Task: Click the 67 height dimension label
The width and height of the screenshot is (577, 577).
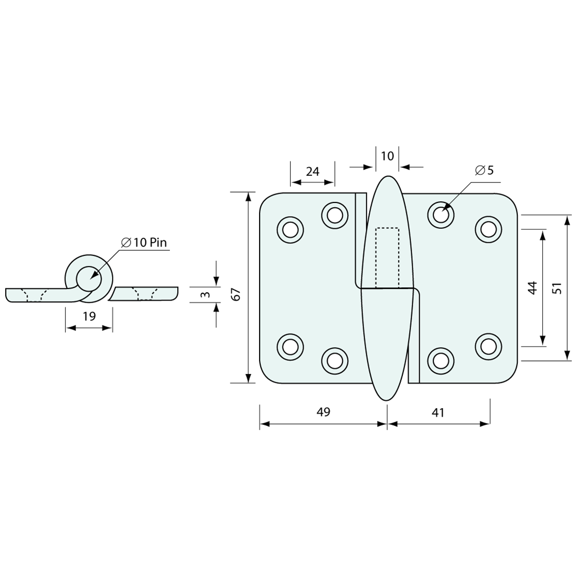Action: tap(237, 294)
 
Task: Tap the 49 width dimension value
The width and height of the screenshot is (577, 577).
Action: tap(324, 412)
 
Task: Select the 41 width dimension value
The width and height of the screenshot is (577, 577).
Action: tap(438, 413)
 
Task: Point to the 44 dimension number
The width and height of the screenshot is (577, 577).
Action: tap(533, 287)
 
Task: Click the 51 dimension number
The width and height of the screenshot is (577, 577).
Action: tap(557, 287)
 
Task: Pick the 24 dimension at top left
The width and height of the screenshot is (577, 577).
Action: tap(313, 172)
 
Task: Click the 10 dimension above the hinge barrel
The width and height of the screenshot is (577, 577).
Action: tap(387, 156)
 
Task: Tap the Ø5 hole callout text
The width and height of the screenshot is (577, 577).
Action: tap(484, 170)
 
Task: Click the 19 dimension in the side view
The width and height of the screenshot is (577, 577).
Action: tap(89, 316)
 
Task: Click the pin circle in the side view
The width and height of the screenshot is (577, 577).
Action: tap(89, 278)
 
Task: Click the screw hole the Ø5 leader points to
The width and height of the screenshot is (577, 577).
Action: tap(441, 215)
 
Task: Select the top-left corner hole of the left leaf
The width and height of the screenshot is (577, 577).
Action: tap(290, 229)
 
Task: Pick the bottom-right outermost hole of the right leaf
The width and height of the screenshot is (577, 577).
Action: tap(488, 346)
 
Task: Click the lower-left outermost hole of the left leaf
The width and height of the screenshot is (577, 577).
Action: tap(290, 346)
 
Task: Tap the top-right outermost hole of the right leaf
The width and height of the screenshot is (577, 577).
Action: tap(488, 229)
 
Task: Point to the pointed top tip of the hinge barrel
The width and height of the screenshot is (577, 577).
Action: tap(387, 176)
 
